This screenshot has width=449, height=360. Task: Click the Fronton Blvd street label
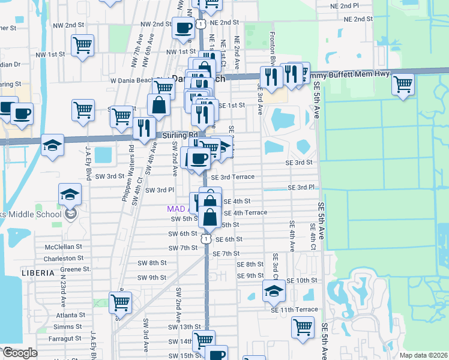coord(273,48)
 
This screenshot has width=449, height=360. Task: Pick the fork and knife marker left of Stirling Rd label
coord(144,128)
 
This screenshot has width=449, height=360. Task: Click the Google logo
coord(20,353)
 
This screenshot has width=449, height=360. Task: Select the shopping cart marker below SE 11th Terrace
coord(303,328)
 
